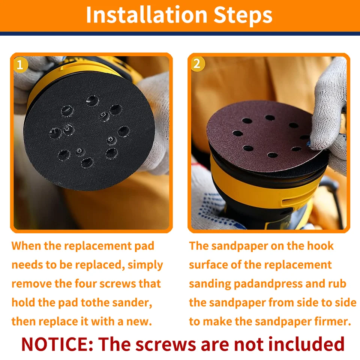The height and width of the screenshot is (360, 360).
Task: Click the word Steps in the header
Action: click(243, 15)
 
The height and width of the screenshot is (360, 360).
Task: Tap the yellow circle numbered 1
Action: click(21, 65)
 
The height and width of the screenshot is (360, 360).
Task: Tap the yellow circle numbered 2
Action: click(198, 64)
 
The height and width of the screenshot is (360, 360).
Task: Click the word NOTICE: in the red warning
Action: click(57, 344)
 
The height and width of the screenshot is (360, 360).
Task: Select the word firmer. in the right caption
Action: click(333, 321)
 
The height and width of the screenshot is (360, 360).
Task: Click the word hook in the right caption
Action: click(320, 246)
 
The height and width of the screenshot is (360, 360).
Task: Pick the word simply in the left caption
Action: click(145, 265)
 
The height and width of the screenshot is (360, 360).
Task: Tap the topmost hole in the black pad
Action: click(92, 101)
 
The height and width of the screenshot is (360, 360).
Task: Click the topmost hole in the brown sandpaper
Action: click(270, 118)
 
